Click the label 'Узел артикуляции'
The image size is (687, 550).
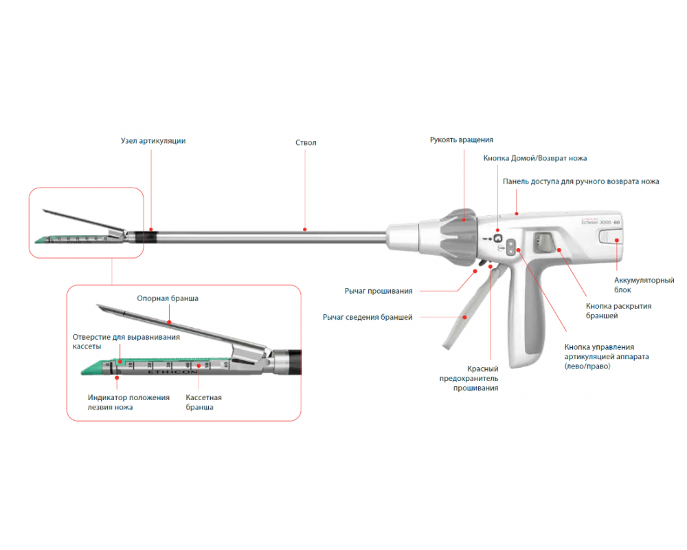pyautogui.click(x=153, y=141)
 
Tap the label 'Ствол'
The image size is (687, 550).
pyautogui.click(x=306, y=142)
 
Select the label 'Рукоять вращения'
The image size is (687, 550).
pyautogui.click(x=462, y=140)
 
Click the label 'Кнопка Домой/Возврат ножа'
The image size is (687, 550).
pyautogui.click(x=535, y=158)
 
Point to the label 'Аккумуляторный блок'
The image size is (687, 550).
pyautogui.click(x=644, y=285)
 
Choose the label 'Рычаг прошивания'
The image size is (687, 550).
pyautogui.click(x=379, y=291)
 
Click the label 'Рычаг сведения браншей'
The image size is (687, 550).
pyautogui.click(x=368, y=317)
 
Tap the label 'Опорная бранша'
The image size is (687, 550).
pyautogui.click(x=168, y=298)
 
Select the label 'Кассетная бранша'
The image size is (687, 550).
pyautogui.click(x=204, y=402)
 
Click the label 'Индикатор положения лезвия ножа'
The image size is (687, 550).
pyautogui.click(x=128, y=402)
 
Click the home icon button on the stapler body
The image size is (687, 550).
pyautogui.click(x=497, y=238)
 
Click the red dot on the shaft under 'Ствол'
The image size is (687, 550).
pyautogui.click(x=305, y=230)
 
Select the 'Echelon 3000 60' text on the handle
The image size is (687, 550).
pyautogui.click(x=600, y=222)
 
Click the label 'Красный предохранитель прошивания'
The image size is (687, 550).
pyautogui.click(x=469, y=378)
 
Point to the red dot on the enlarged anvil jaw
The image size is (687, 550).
pyautogui.click(x=169, y=322)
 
